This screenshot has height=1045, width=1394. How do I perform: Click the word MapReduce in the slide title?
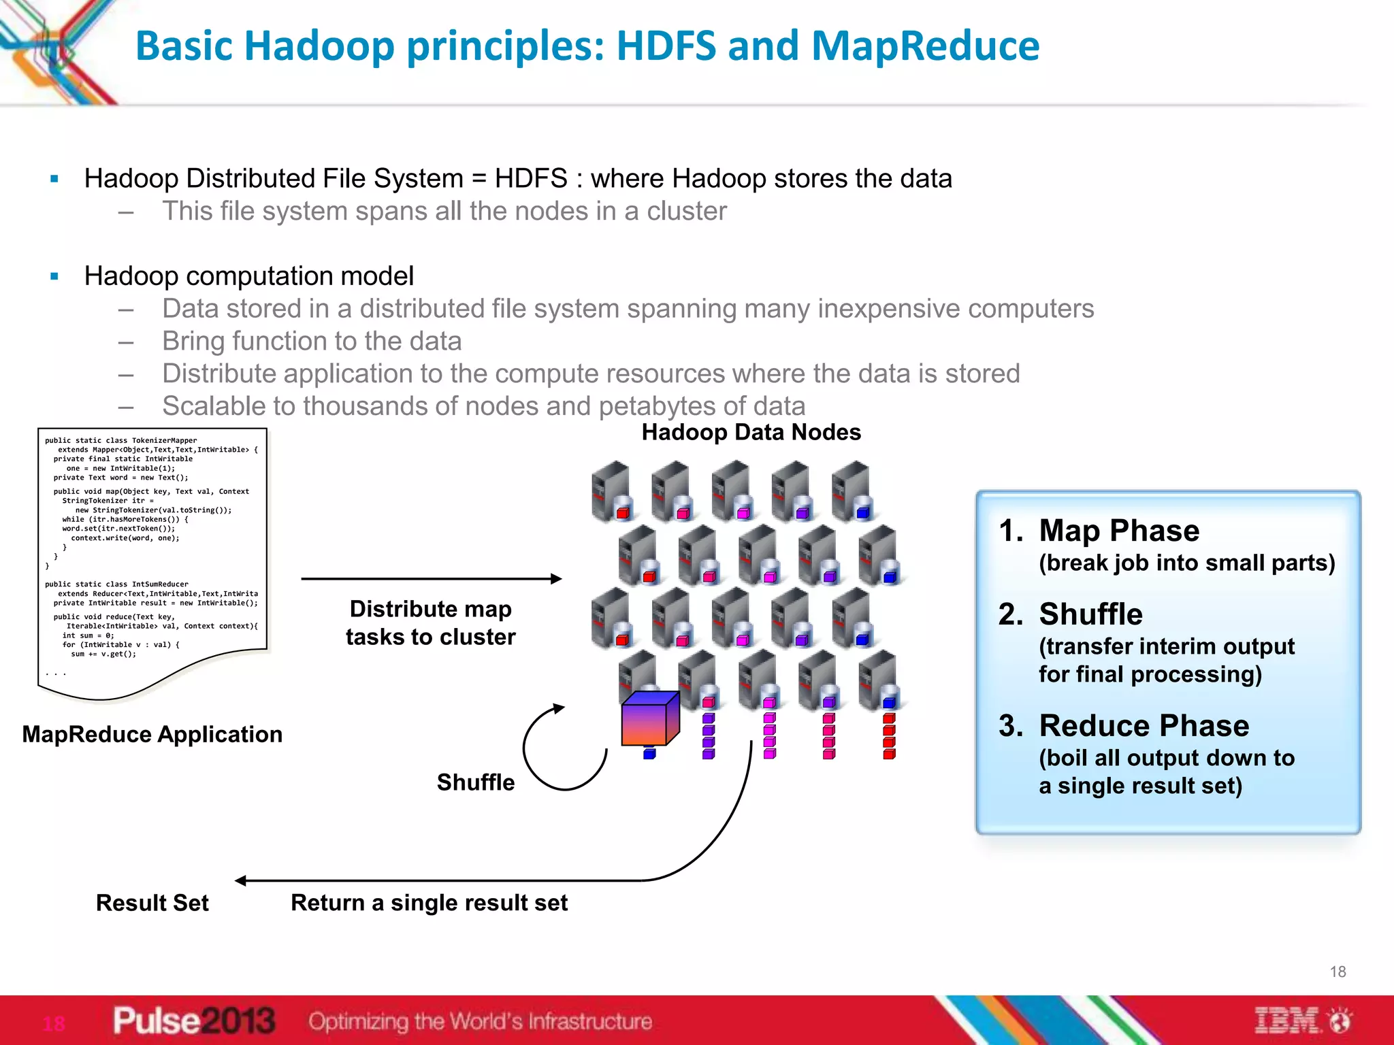click(x=925, y=46)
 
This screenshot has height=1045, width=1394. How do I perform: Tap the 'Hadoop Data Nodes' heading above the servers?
click(x=751, y=433)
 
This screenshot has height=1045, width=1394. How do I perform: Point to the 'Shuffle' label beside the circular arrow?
click(x=475, y=782)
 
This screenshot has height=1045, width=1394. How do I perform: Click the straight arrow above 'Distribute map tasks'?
click(x=431, y=579)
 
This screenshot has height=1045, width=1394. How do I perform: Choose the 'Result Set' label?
click(x=152, y=903)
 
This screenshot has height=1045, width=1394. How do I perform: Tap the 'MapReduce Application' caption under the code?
click(x=152, y=735)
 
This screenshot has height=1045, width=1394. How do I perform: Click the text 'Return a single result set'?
click(x=429, y=903)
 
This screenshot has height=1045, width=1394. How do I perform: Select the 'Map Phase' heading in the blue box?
click(x=1118, y=531)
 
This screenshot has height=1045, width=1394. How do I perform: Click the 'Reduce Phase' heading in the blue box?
click(x=1144, y=726)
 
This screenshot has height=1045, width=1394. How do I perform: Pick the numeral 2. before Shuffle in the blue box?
click(x=1010, y=614)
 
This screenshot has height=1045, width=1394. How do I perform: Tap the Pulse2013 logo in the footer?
click(x=194, y=1021)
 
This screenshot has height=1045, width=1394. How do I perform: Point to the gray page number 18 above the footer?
click(x=1338, y=972)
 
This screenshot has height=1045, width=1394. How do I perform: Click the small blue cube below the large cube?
click(x=649, y=754)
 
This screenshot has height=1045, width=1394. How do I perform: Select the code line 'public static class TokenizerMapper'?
click(x=120, y=440)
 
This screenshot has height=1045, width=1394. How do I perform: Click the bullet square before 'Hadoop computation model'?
click(x=54, y=277)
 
